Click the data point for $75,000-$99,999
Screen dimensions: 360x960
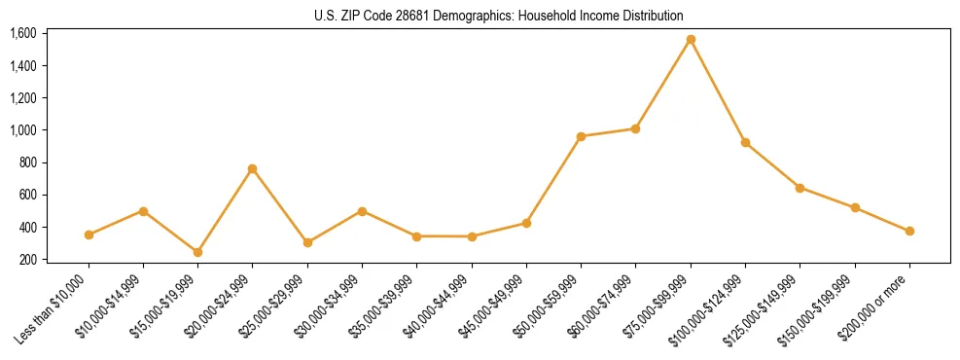pyautogui.click(x=691, y=40)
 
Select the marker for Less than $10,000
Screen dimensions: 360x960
pyautogui.click(x=89, y=234)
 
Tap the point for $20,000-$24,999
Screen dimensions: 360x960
pyautogui.click(x=253, y=168)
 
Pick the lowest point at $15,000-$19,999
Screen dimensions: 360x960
pyautogui.click(x=198, y=252)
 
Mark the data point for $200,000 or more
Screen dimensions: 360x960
pyautogui.click(x=909, y=231)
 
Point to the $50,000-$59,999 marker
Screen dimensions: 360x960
pyautogui.click(x=581, y=136)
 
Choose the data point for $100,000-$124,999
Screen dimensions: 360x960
pyautogui.click(x=745, y=142)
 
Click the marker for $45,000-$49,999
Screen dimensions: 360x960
pyautogui.click(x=526, y=223)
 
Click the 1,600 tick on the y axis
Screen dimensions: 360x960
pyautogui.click(x=22, y=33)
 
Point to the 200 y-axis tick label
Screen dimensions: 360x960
pyautogui.click(x=27, y=260)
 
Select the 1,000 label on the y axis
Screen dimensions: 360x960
pyautogui.click(x=22, y=130)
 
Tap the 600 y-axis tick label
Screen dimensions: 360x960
pyautogui.click(x=27, y=195)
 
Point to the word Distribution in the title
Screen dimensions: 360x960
pyautogui.click(x=651, y=16)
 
